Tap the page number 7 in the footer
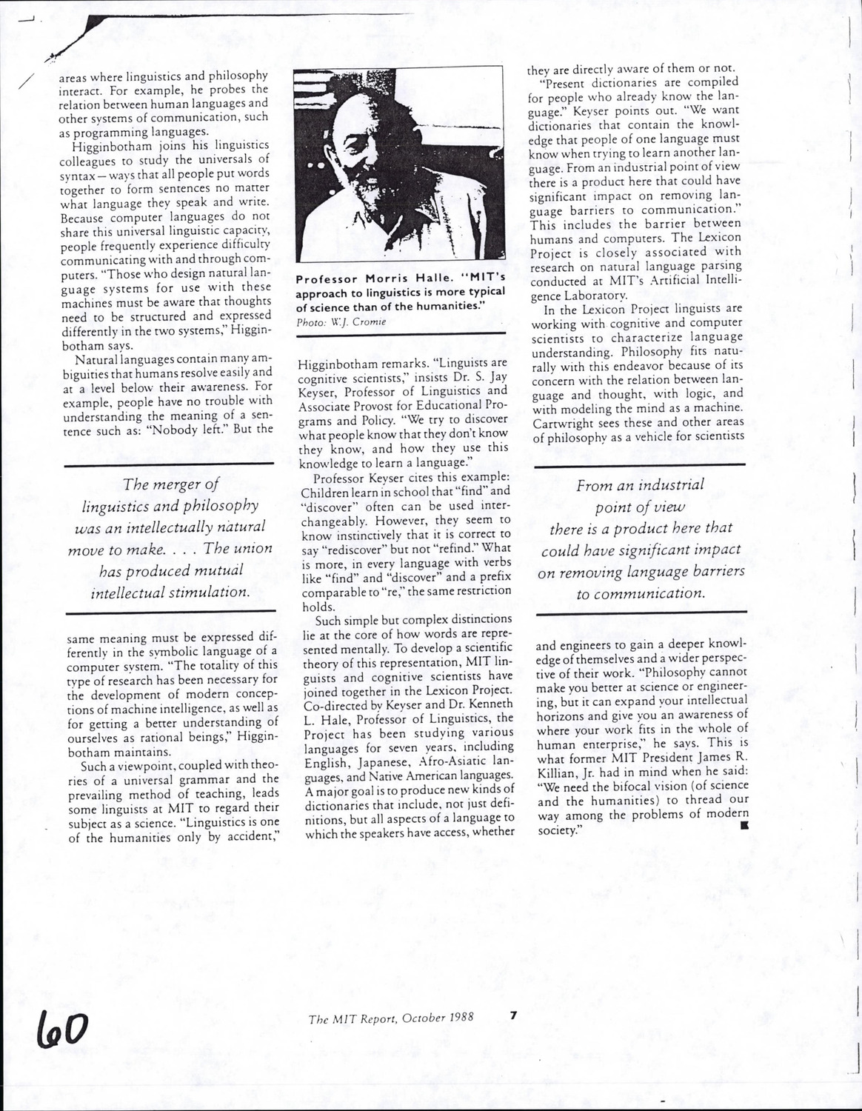[512, 1016]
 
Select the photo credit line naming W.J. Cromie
[341, 322]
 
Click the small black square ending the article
[744, 824]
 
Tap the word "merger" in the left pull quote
[174, 484]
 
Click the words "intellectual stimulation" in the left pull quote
[170, 593]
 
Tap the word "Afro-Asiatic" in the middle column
[450, 761]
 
